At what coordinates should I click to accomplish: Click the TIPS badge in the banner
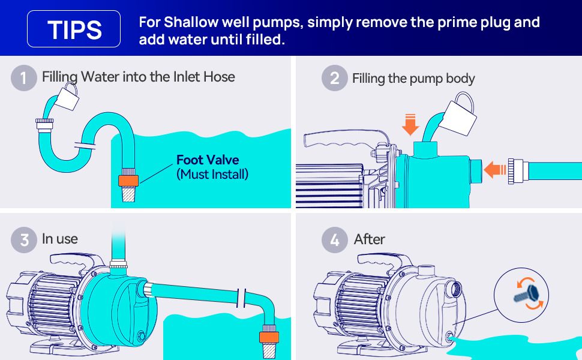click(x=73, y=29)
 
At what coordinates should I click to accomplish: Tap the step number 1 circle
click(x=24, y=78)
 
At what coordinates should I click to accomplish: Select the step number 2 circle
click(x=334, y=78)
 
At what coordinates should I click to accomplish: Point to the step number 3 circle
click(x=24, y=240)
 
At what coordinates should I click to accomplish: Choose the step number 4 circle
click(x=334, y=240)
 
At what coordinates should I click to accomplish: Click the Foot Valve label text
click(x=208, y=160)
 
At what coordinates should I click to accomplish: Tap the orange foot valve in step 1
click(x=128, y=181)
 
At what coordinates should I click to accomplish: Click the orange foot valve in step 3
click(x=269, y=337)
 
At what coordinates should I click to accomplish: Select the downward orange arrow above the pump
click(x=410, y=125)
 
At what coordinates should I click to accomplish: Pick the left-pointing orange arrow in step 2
click(x=495, y=170)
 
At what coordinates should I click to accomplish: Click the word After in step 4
click(x=370, y=239)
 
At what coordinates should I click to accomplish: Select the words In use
click(x=60, y=239)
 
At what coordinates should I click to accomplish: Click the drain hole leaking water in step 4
click(x=449, y=336)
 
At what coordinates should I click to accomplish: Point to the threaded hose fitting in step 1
click(x=44, y=124)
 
